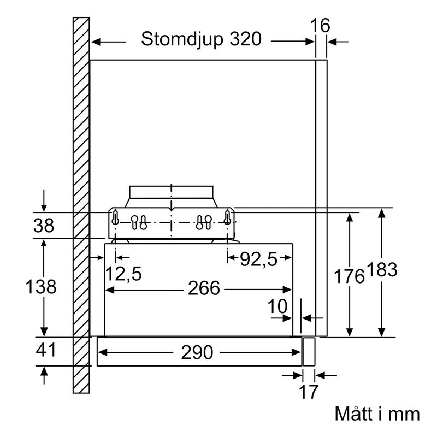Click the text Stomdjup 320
click(197, 40)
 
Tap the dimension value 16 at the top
click(320, 26)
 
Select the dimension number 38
click(44, 225)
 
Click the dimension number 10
click(278, 307)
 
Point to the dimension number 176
click(349, 276)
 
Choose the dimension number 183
click(382, 271)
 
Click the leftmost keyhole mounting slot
click(115, 218)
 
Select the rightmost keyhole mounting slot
click(228, 218)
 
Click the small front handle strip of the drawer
click(309, 352)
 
